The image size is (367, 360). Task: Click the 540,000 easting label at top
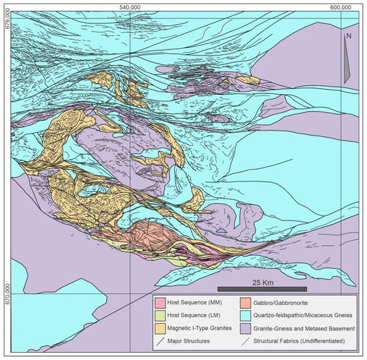click(x=129, y=6)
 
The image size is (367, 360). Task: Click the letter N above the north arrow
click(x=348, y=37)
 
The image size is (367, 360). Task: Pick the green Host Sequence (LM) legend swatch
click(x=160, y=317)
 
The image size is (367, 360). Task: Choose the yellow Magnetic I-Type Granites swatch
click(x=160, y=329)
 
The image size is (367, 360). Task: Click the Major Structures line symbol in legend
click(x=160, y=341)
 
